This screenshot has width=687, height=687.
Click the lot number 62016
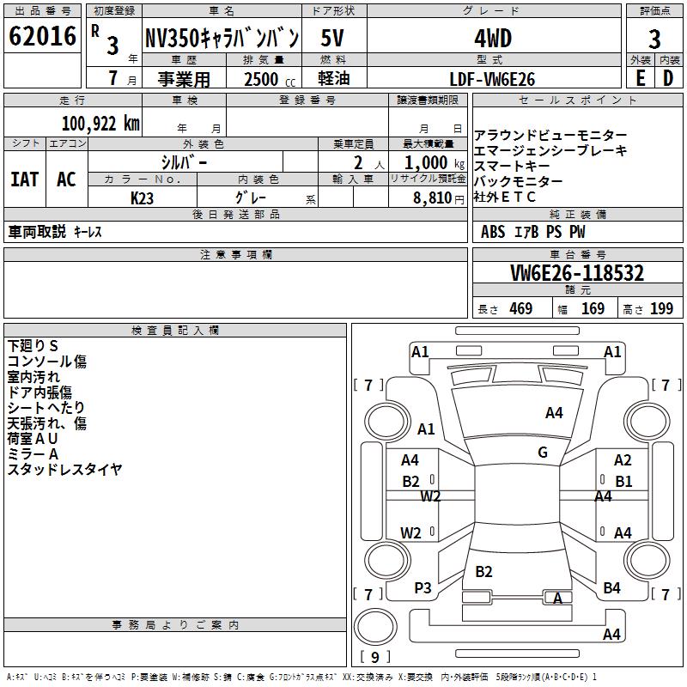42,37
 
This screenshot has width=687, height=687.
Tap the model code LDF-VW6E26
493,78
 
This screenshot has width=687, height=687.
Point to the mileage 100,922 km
100,123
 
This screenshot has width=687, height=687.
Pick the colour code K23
143,197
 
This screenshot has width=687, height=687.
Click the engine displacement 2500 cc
260,78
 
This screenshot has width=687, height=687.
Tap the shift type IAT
24,179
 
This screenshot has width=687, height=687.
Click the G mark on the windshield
542,453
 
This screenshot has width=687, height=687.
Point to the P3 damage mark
423,588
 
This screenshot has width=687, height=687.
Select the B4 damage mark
611,588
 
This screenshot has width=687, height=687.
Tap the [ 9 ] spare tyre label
374,658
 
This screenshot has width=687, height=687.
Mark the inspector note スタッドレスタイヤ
65,469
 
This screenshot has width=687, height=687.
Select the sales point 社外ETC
505,197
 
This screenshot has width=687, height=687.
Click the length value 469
520,308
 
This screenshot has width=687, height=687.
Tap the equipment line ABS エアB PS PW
533,232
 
